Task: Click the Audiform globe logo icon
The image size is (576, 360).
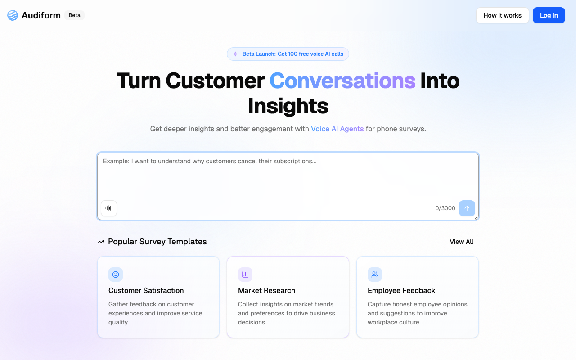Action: pos(13,15)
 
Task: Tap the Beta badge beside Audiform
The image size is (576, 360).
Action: pos(74,15)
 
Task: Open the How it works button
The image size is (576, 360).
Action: pos(502,15)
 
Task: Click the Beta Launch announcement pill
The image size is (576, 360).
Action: pos(288,54)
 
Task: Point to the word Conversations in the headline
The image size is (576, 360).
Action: pos(342,81)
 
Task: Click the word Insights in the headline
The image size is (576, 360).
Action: pos(288,106)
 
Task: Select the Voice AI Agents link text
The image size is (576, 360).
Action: pos(337,129)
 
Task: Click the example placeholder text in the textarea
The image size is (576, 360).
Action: pos(209,161)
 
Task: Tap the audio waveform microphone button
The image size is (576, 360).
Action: pos(109,208)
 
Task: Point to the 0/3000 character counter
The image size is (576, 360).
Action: pos(445,208)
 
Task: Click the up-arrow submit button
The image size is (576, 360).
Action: pos(467,208)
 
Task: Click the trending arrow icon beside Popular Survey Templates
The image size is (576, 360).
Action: pos(101,242)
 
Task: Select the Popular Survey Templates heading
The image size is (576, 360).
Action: pos(157,242)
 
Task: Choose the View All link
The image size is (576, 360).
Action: pos(461,242)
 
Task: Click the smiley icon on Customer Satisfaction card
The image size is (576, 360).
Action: pos(116,274)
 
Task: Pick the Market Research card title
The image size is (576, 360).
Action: pos(266,291)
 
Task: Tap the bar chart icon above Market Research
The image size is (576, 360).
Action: pos(245,274)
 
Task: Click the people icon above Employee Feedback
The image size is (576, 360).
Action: pos(375,274)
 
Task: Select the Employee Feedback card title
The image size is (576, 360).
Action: pos(401,291)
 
